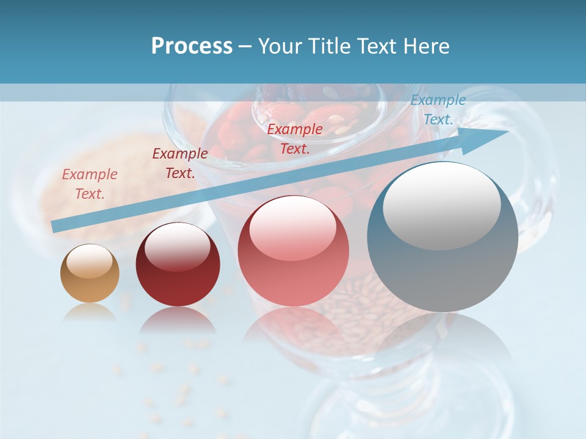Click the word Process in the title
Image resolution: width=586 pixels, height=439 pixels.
coord(192,46)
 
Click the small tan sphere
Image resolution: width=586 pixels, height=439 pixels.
coord(90,274)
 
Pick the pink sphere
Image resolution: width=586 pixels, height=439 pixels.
coord(293,251)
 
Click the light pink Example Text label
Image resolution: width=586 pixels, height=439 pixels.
coord(90,184)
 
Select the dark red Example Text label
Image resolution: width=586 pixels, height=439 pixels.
coord(180,163)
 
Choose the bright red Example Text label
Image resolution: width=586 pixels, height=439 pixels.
coord(295,138)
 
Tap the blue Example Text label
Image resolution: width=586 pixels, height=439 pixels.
coord(438,110)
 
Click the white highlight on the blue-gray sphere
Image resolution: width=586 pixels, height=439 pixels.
coord(441,205)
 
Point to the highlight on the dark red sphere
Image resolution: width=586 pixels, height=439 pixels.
coord(177,246)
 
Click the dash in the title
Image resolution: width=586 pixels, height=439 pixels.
coord(245,46)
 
